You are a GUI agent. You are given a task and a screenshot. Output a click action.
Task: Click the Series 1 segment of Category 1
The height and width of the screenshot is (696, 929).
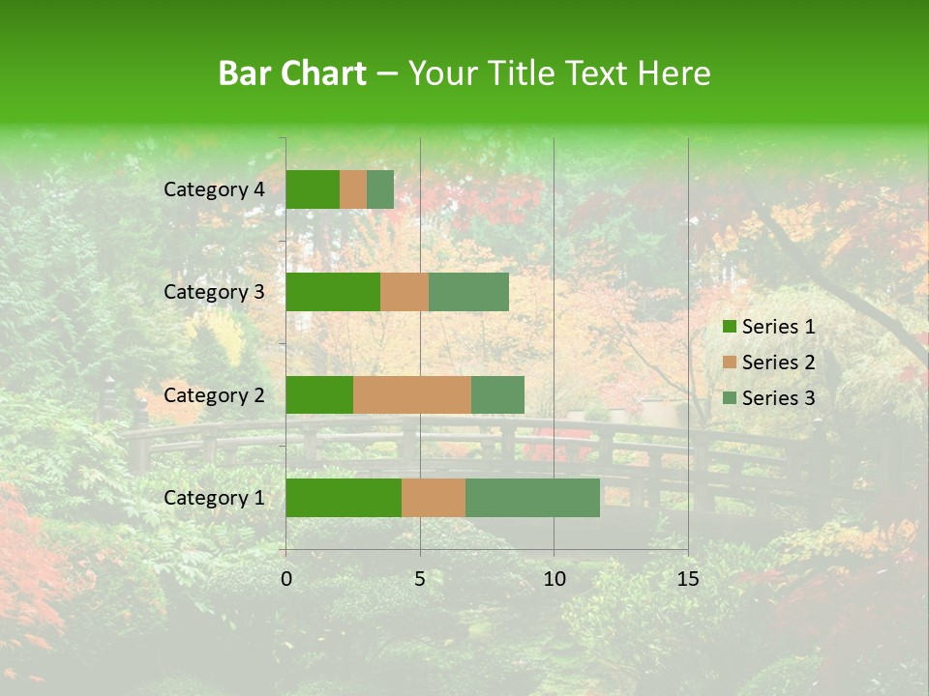[344, 498]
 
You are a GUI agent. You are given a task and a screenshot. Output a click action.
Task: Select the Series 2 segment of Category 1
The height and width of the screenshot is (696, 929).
[434, 498]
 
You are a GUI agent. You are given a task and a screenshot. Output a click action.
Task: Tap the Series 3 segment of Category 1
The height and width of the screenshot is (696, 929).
[532, 498]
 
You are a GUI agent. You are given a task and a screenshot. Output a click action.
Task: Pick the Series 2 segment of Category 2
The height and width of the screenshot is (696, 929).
[412, 394]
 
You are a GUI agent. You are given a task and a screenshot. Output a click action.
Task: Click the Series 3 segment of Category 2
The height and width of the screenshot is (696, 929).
[497, 394]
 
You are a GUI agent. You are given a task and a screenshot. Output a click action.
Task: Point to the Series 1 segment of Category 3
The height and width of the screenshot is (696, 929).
[333, 292]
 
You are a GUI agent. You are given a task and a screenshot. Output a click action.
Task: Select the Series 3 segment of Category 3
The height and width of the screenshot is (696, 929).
[468, 292]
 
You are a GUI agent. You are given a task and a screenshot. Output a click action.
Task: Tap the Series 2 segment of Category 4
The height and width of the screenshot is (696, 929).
[353, 189]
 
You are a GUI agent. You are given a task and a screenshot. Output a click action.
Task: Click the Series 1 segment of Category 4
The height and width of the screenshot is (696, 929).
[313, 189]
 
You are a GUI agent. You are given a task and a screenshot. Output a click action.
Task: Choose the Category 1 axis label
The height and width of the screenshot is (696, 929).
[214, 498]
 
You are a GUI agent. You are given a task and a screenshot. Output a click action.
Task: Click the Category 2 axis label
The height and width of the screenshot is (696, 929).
[214, 394]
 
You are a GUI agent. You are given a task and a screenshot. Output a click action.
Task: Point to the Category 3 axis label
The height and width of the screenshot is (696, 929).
[214, 292]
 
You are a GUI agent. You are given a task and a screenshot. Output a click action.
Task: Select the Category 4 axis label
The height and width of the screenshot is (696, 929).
[214, 189]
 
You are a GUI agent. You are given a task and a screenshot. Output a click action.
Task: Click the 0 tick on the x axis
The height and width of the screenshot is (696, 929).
[286, 579]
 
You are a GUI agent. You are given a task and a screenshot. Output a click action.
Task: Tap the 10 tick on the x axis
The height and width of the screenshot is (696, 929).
[554, 579]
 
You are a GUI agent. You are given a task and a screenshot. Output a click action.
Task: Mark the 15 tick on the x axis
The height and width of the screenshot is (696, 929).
[688, 579]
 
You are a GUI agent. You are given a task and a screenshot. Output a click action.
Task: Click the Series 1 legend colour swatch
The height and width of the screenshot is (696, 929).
[729, 327]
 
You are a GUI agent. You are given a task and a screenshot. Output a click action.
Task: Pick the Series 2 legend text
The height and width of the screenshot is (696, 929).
[778, 362]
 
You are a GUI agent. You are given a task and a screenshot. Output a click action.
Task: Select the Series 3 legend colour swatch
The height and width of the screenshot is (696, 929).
[729, 398]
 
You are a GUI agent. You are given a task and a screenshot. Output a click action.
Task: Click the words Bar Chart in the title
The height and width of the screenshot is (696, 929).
[292, 73]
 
